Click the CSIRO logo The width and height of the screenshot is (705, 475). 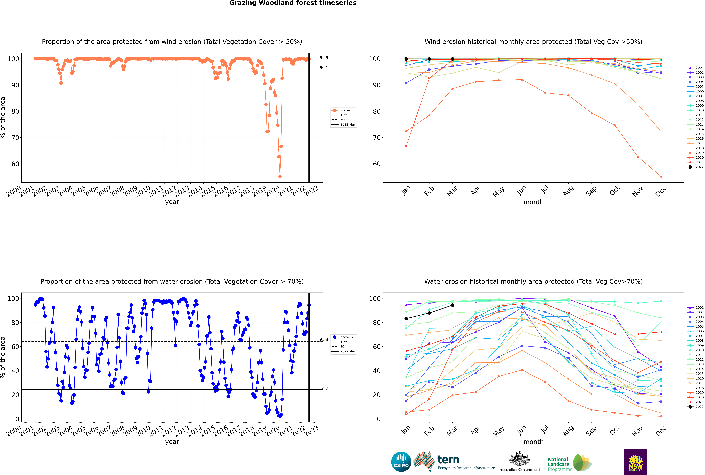(401, 462)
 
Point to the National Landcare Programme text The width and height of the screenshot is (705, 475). (559, 464)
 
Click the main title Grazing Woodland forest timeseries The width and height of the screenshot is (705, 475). (293, 3)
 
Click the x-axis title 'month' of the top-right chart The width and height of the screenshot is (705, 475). (533, 202)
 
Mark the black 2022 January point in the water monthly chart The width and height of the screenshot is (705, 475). (406, 319)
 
